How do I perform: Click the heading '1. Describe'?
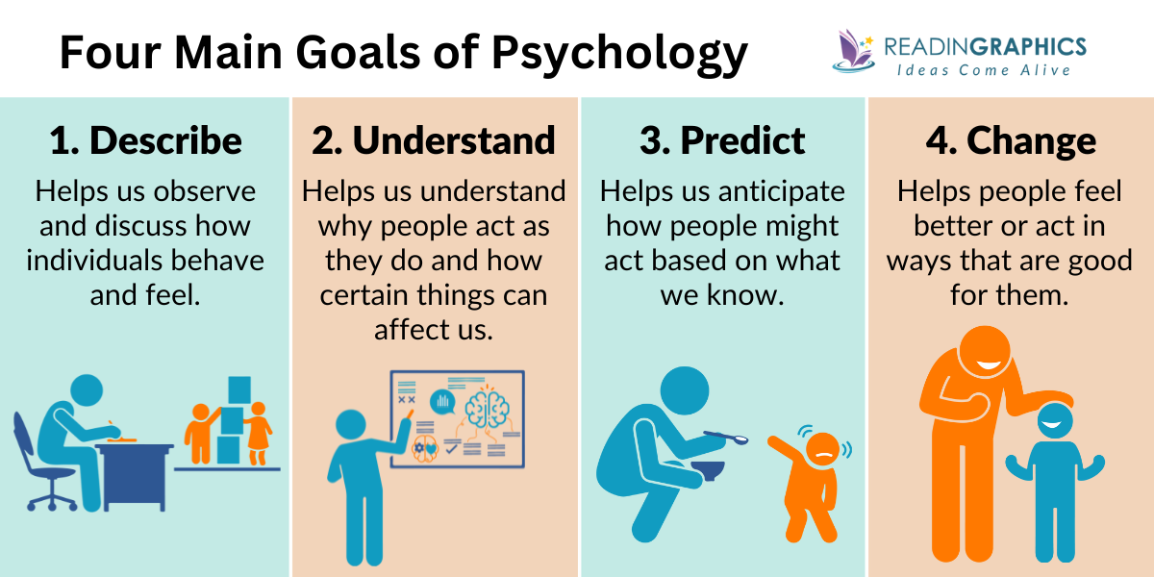point(145,141)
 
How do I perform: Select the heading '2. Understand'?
point(434,141)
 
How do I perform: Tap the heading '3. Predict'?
point(722,141)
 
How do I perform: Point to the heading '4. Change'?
point(1011,141)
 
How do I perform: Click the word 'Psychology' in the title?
point(620,53)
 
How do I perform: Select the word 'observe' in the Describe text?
point(210,191)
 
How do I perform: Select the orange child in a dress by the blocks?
point(257,432)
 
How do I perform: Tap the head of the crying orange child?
point(822,448)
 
